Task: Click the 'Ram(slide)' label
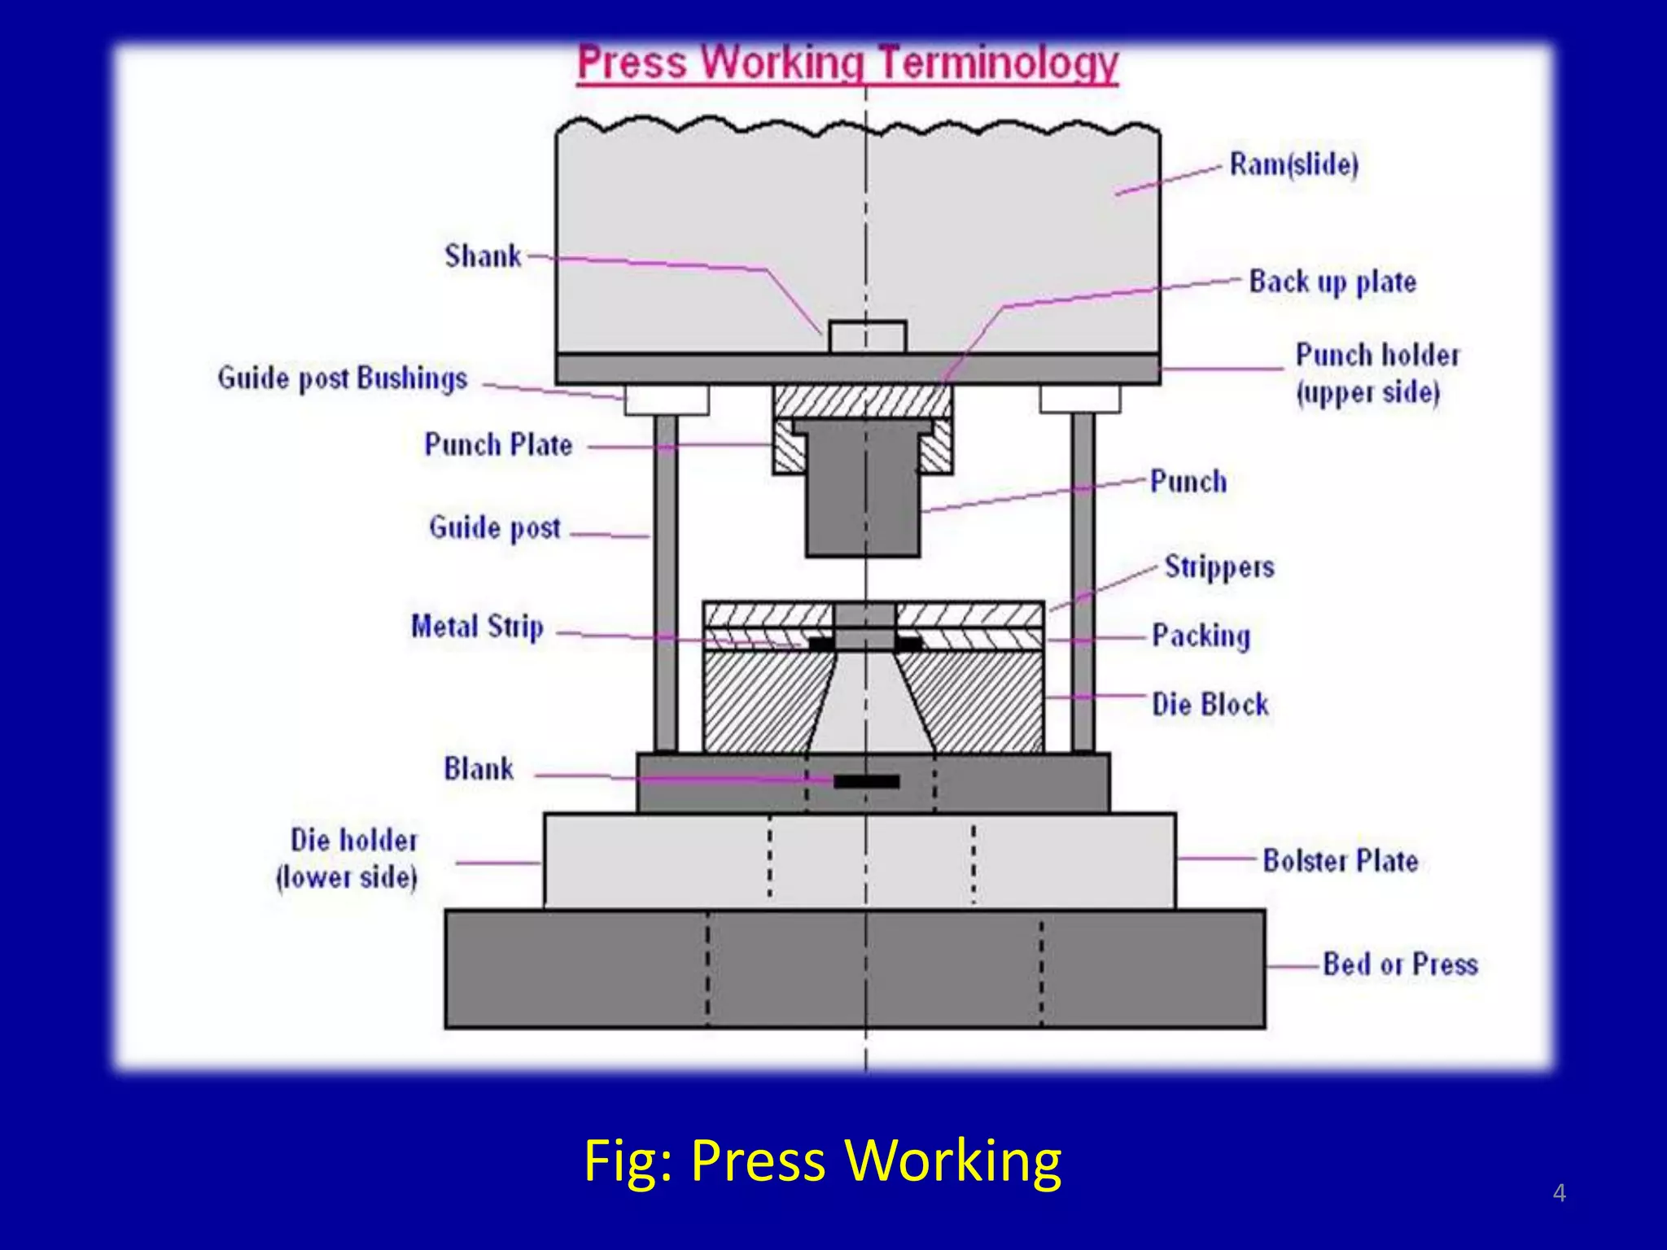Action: point(1293,165)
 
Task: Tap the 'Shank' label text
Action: point(482,256)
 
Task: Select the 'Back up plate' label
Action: point(1332,282)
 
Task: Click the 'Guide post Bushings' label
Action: point(342,379)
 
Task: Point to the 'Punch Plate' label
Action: point(498,445)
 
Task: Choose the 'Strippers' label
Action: point(1219,567)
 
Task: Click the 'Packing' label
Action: point(1201,636)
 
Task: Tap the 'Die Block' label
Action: point(1210,704)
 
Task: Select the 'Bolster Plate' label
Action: point(1340,861)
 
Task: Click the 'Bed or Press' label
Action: point(1399,965)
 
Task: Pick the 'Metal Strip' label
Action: point(477,627)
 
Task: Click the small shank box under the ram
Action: point(867,337)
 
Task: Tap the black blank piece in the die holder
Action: point(867,781)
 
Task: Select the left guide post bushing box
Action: point(667,400)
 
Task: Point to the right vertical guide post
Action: point(1083,582)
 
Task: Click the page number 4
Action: point(1559,1193)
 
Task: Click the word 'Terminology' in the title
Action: point(999,63)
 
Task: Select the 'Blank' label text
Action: point(479,769)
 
